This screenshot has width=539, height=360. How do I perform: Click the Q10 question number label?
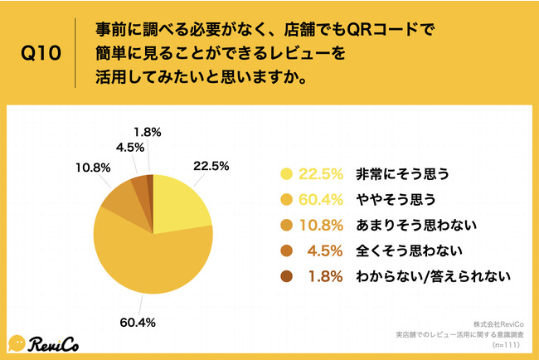(40, 56)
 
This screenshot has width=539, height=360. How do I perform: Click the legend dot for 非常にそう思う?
(288, 174)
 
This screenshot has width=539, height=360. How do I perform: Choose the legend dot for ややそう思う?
(288, 199)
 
